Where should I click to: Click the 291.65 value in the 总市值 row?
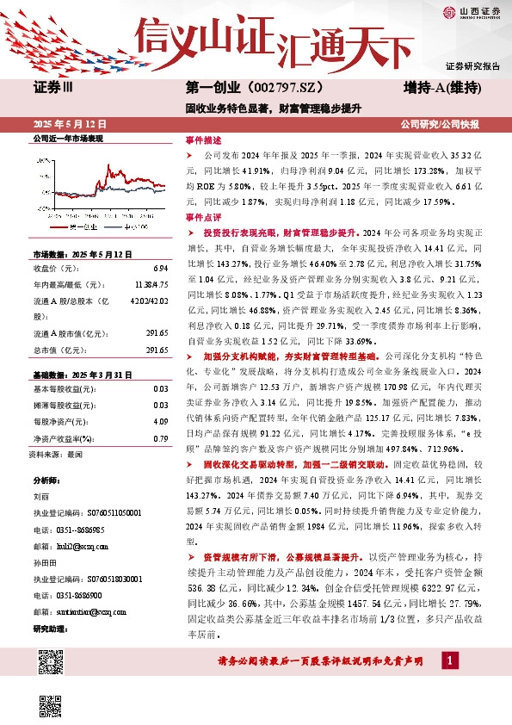point(157,326)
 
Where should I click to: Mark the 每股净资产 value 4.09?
point(161,422)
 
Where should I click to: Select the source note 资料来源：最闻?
point(55,453)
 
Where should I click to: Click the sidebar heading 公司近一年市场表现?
point(67,139)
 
